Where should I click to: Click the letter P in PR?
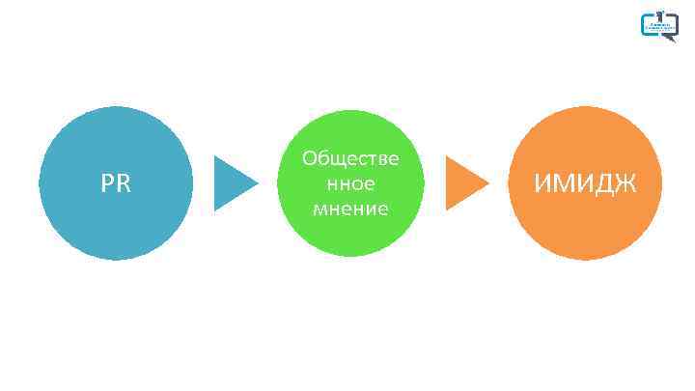pyautogui.click(x=107, y=183)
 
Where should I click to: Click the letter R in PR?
pyautogui.click(x=124, y=183)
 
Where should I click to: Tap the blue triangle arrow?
pyautogui.click(x=232, y=182)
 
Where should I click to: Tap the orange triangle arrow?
pyautogui.click(x=463, y=182)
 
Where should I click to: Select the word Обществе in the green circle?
pyautogui.click(x=350, y=157)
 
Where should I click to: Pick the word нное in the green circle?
pyautogui.click(x=350, y=182)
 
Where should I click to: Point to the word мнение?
pyautogui.click(x=350, y=208)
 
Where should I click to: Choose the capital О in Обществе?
pyautogui.click(x=310, y=157)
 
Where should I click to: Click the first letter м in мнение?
pyautogui.click(x=320, y=209)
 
